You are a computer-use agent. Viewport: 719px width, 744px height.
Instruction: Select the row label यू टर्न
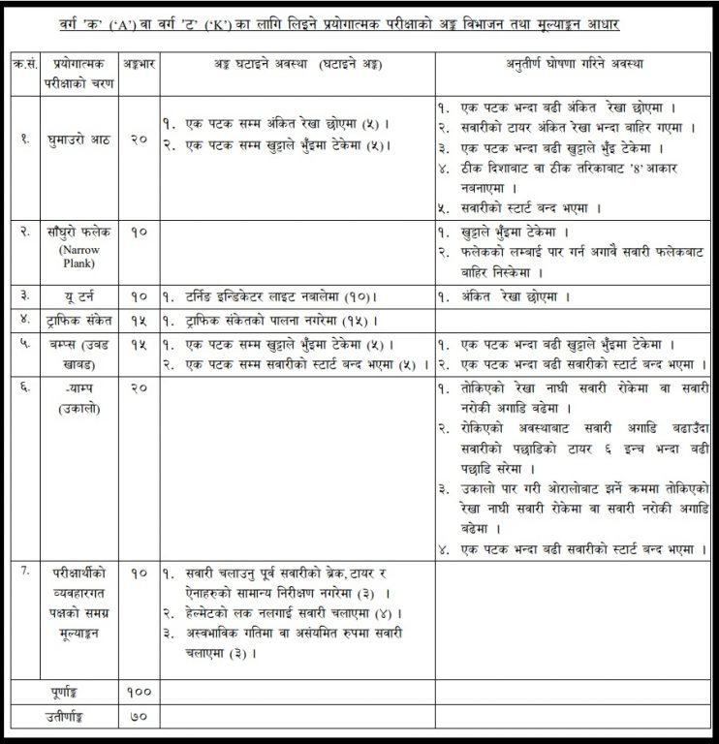(x=73, y=295)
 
